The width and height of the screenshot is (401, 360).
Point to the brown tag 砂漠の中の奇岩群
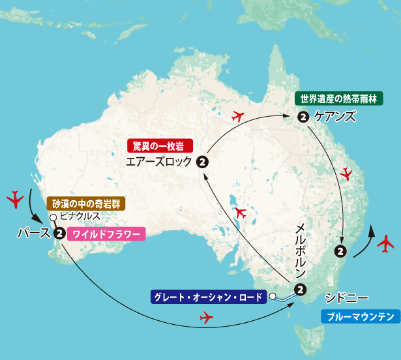click(84, 203)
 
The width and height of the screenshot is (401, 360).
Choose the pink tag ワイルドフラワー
click(104, 233)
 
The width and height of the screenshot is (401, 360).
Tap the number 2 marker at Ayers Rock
click(202, 162)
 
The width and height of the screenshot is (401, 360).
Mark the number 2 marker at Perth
click(59, 233)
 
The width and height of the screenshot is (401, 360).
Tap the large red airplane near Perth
click(14, 198)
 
